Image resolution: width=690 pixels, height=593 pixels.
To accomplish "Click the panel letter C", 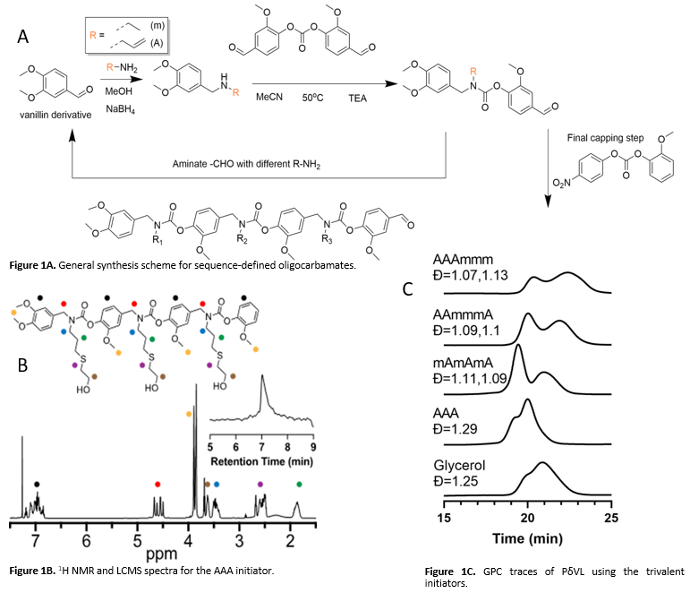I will click(407, 289).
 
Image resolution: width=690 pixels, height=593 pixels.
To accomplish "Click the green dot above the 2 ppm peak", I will click(299, 484).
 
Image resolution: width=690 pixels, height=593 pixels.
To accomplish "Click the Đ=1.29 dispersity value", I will click(460, 428).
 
